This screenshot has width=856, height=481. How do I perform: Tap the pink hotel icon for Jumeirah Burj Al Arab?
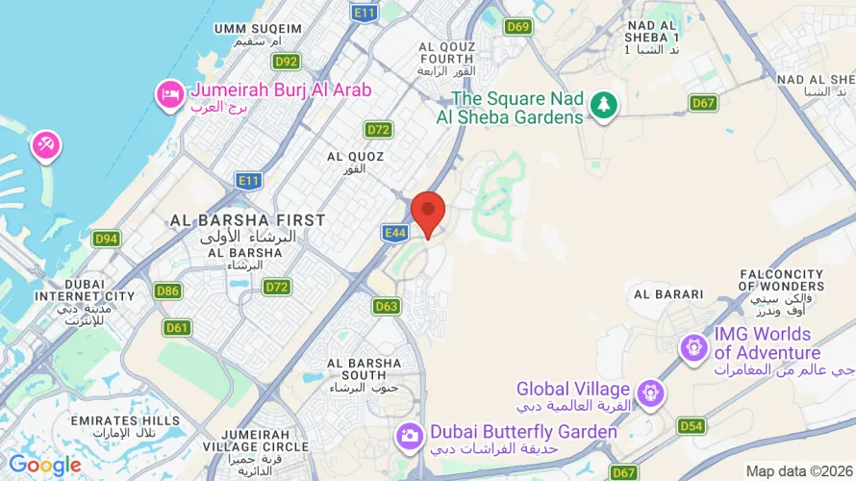[x=169, y=93]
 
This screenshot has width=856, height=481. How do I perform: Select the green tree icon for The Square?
[x=603, y=105]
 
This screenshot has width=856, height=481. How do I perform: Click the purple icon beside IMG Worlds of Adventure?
[x=693, y=347]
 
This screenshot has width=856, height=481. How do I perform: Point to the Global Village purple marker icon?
[x=651, y=392]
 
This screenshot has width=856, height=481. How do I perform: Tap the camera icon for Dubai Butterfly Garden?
[x=410, y=436]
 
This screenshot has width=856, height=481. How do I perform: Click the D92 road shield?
[x=286, y=62]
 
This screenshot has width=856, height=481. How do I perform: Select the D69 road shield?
[x=517, y=27]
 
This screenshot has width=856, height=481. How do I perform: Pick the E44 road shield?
[x=394, y=233]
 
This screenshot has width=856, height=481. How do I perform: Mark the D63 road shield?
[x=387, y=307]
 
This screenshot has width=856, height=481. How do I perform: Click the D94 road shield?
[x=107, y=239]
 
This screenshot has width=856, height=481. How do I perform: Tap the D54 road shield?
[x=692, y=425]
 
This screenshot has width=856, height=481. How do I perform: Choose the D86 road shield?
[x=167, y=291]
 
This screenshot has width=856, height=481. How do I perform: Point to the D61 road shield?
[x=177, y=327]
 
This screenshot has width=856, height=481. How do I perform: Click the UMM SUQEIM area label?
[x=259, y=29]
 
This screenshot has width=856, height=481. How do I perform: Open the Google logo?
[x=44, y=466]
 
